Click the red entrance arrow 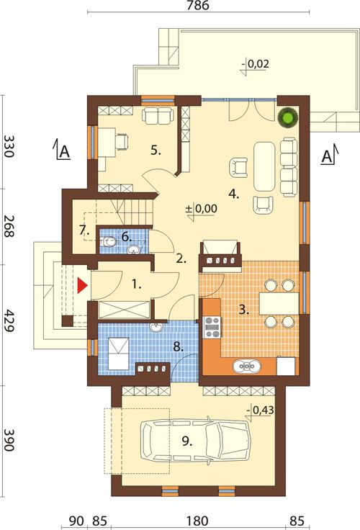[82, 286]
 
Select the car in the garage [196, 441]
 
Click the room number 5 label [156, 151]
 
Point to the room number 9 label [187, 441]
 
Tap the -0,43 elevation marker [260, 410]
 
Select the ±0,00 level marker [202, 209]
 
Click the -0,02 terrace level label [256, 64]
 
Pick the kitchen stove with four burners [212, 327]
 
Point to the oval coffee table [265, 166]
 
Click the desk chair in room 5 [122, 141]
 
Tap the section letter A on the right [326, 156]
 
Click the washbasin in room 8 [156, 327]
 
